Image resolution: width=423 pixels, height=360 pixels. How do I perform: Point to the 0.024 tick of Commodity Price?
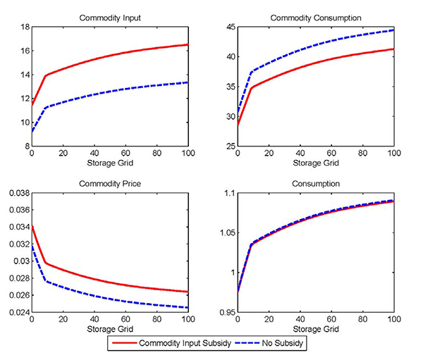16,312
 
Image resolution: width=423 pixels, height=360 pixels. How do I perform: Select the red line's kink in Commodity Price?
45,263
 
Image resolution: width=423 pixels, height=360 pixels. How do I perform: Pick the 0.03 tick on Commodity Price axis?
19,261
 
